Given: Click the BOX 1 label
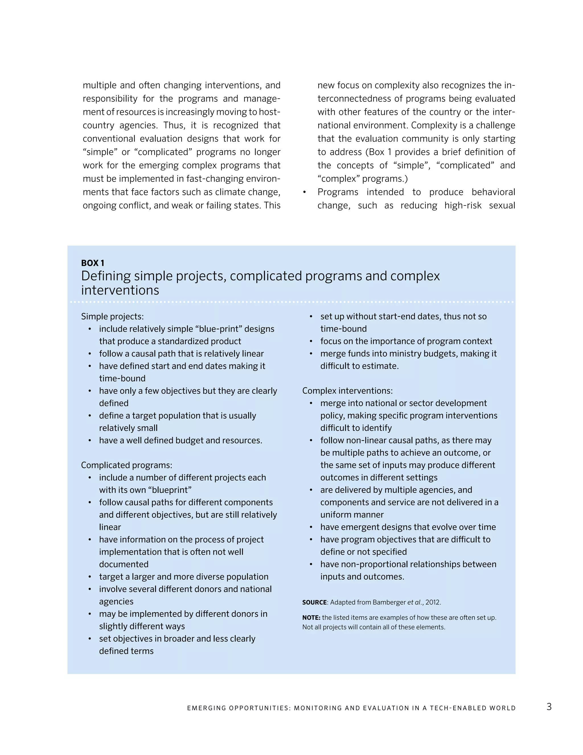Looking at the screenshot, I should pyautogui.click(x=93, y=263).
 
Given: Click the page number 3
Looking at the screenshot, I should pyautogui.click(x=549, y=707).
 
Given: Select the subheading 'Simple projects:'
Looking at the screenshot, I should pyautogui.click(x=112, y=316).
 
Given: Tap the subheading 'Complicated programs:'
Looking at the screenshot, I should pyautogui.click(x=126, y=465).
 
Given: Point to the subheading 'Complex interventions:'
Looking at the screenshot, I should pyautogui.click(x=347, y=391).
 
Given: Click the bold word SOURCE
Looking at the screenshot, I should pyautogui.click(x=314, y=602).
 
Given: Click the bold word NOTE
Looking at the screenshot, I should pyautogui.click(x=311, y=617).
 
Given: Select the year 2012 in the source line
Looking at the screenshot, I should pyautogui.click(x=432, y=602).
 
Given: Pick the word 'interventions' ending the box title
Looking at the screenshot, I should pyautogui.click(x=120, y=290).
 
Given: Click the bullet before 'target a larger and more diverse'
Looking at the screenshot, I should pyautogui.click(x=90, y=577).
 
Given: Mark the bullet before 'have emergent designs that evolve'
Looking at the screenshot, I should pyautogui.click(x=311, y=527).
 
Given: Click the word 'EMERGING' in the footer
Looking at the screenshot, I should pyautogui.click(x=204, y=708).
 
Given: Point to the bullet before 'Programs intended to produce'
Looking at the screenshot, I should pyautogui.click(x=304, y=192).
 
